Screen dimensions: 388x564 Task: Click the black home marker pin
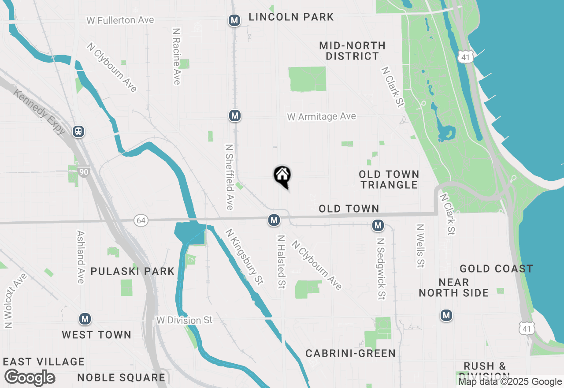tap(282, 176)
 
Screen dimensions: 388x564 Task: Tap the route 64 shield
tap(141, 220)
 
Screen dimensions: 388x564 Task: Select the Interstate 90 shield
tap(83, 172)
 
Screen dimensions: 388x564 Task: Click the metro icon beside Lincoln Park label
tap(234, 20)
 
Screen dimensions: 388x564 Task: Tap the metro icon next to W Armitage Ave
tap(235, 116)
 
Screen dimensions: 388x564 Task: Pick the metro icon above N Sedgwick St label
tap(378, 225)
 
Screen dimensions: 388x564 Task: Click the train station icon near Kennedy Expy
tap(79, 131)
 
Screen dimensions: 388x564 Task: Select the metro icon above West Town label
tap(85, 318)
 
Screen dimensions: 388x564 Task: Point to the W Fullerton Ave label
tap(120, 20)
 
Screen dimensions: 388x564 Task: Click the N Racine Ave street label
tap(177, 56)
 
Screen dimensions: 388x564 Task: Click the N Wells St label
tap(420, 246)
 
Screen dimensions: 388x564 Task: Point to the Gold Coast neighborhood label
tap(496, 269)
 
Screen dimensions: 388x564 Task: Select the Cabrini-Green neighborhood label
tap(351, 353)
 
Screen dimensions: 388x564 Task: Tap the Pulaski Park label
tap(133, 271)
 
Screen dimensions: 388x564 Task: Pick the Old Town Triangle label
tap(389, 179)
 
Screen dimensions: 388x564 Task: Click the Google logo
tap(30, 378)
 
